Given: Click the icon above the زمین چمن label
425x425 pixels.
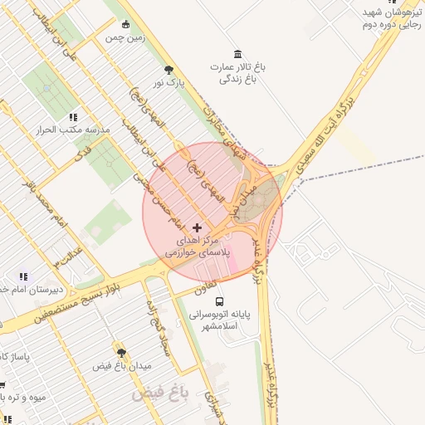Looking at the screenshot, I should pos(125,24).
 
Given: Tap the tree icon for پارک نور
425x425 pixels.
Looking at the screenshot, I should pos(169,70).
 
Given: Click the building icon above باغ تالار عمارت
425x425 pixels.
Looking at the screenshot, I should pos(238,54).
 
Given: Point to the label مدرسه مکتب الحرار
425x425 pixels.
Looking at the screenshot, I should pos(62,130).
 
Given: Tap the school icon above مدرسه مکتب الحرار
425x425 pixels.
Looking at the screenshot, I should pos(73,118).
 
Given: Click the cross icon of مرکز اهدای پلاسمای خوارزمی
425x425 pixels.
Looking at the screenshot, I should pos(197,227).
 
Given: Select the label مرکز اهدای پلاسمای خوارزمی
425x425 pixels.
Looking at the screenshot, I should pos(197,245).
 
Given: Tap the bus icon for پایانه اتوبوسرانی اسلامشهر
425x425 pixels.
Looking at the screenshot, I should pos(219,301).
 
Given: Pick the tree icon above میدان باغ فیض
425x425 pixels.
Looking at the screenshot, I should pos(121,353).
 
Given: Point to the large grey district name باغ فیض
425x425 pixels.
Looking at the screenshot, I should pos(161,391).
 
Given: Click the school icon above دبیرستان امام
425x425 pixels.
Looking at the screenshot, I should pos(23,276).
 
